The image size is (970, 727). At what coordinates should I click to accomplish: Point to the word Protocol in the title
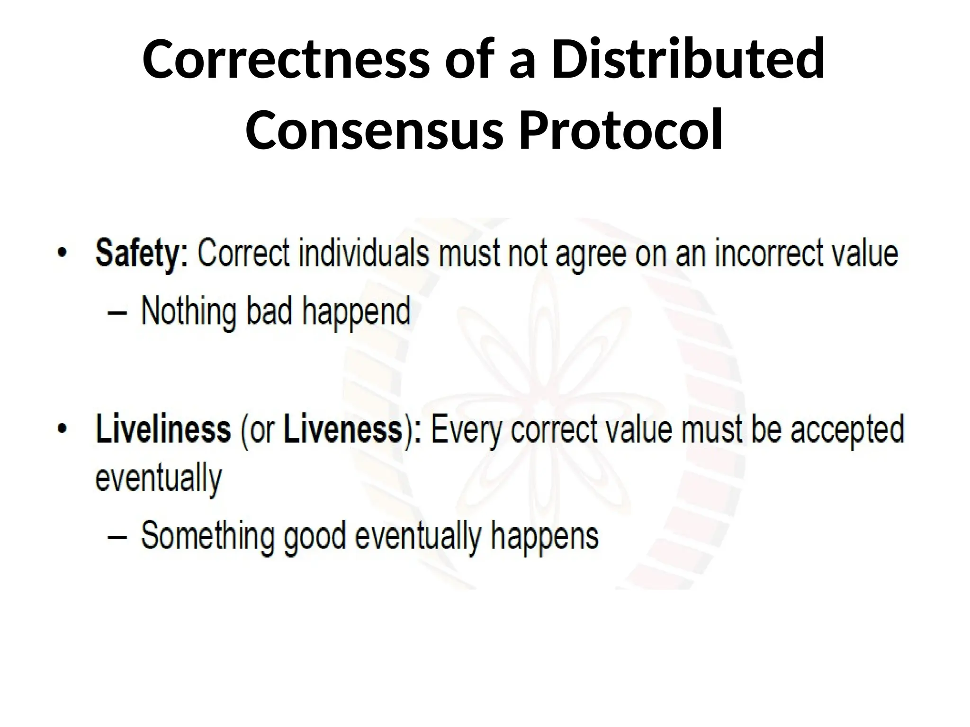620,129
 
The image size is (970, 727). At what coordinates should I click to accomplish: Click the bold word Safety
142,255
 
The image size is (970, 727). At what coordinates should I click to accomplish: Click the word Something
207,536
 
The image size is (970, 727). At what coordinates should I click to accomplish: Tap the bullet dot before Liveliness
61,429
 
